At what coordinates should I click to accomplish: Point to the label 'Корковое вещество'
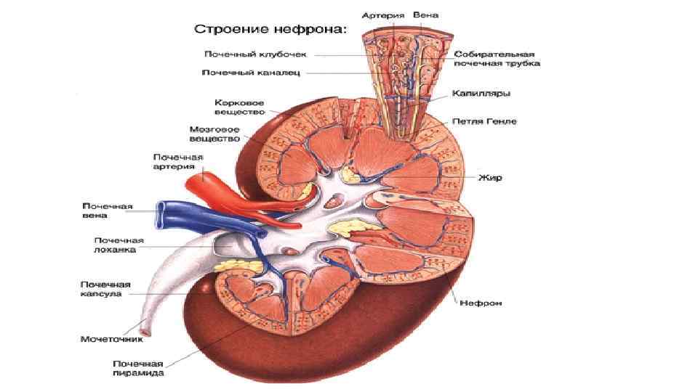[238, 107]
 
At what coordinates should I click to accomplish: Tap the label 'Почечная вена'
[106, 211]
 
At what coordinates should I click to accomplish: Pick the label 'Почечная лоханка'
[119, 245]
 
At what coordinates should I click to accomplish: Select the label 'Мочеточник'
[111, 338]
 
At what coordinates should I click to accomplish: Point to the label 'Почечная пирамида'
[137, 368]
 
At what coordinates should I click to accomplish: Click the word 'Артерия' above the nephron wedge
[379, 15]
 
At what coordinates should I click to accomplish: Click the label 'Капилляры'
[481, 94]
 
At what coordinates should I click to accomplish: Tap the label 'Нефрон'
[480, 302]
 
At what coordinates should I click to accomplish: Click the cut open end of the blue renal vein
[162, 211]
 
